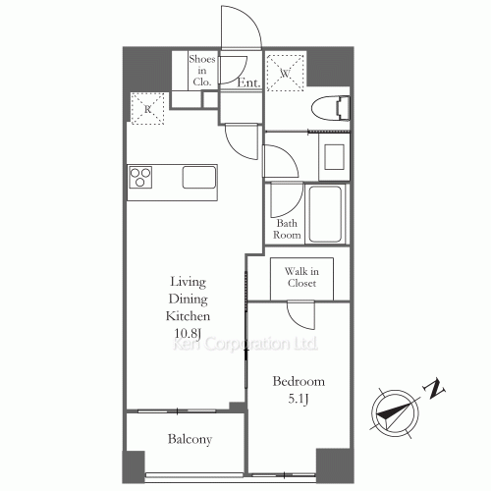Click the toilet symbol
[331, 108]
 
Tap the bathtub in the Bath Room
[325, 214]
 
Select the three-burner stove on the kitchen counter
[140, 178]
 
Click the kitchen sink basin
[199, 178]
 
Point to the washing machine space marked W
[286, 73]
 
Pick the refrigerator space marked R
[147, 109]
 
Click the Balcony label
[190, 439]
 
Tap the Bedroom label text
[299, 381]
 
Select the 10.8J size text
[188, 334]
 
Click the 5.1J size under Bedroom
[299, 399]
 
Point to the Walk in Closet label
[301, 277]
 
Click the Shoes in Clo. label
[202, 71]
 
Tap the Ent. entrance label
[248, 82]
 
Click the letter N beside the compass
[434, 389]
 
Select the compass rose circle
[395, 412]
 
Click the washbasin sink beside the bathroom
[334, 156]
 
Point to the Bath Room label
[287, 229]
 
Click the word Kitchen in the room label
[188, 316]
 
